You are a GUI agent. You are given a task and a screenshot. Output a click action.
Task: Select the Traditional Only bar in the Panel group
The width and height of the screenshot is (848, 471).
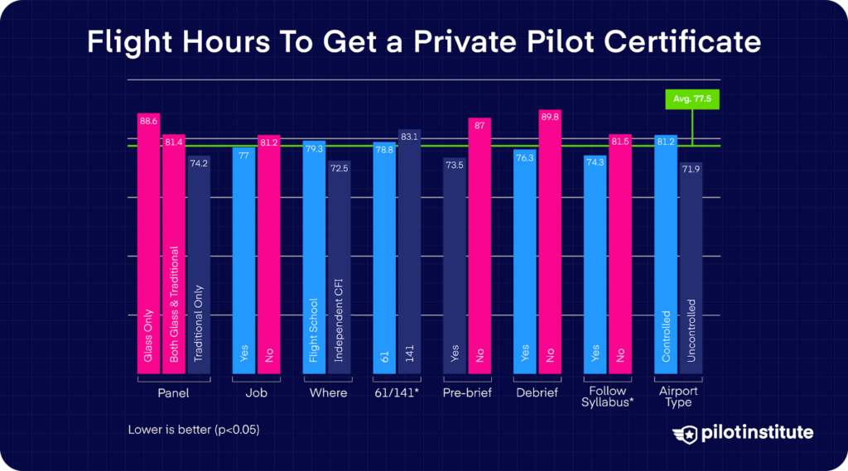[x=199, y=265]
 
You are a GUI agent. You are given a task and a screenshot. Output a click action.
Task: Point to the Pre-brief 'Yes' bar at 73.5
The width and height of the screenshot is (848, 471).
[x=455, y=266]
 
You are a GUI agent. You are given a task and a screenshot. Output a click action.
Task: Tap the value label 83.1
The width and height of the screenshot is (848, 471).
[x=410, y=137]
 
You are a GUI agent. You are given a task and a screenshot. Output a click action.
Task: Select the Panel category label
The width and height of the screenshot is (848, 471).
[x=173, y=393]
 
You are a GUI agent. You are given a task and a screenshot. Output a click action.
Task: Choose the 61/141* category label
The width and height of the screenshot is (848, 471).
[x=397, y=393]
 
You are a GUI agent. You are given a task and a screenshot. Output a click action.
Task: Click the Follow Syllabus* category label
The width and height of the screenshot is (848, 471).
[x=608, y=397]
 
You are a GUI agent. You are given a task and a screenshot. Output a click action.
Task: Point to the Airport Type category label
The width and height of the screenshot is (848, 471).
[x=678, y=397]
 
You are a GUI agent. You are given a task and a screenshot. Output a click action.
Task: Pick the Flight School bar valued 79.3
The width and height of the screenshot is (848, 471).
[x=314, y=257]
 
